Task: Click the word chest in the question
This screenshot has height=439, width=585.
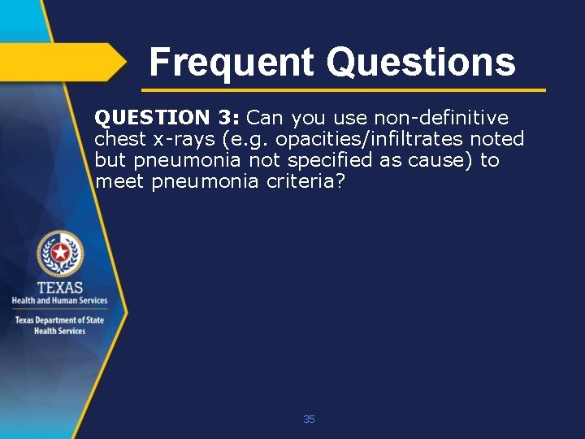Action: click(121, 139)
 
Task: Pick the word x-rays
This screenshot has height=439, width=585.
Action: click(187, 139)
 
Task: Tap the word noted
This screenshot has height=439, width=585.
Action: click(497, 139)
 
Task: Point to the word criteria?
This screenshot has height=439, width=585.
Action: click(305, 181)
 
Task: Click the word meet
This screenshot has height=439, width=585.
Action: click(119, 181)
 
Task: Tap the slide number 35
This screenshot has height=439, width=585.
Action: click(309, 419)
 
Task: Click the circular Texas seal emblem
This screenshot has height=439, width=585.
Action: click(59, 254)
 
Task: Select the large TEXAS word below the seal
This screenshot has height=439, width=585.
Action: click(59, 288)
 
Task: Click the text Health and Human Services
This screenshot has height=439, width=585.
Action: click(59, 301)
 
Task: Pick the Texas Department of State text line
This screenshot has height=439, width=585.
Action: click(59, 320)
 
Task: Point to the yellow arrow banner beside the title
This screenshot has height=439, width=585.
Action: click(65, 61)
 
